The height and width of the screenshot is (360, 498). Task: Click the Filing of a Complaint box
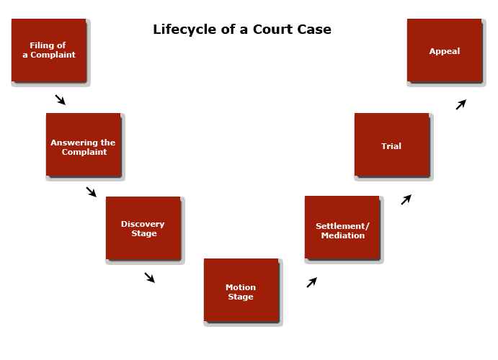[49, 50]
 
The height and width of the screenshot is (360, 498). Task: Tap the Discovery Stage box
[143, 228]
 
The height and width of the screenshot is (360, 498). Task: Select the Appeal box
[444, 50]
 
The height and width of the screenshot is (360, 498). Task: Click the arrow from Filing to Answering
[61, 99]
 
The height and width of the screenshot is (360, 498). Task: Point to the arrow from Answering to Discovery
[92, 192]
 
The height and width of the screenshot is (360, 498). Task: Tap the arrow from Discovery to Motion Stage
[150, 277]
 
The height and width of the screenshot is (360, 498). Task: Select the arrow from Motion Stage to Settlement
[311, 282]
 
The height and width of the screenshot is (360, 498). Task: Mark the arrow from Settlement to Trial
[406, 199]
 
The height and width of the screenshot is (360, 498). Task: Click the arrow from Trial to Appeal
[461, 104]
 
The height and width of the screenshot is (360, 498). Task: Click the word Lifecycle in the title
[184, 30]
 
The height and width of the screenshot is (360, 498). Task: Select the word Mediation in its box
[343, 235]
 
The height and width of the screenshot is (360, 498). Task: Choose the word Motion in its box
[241, 287]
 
